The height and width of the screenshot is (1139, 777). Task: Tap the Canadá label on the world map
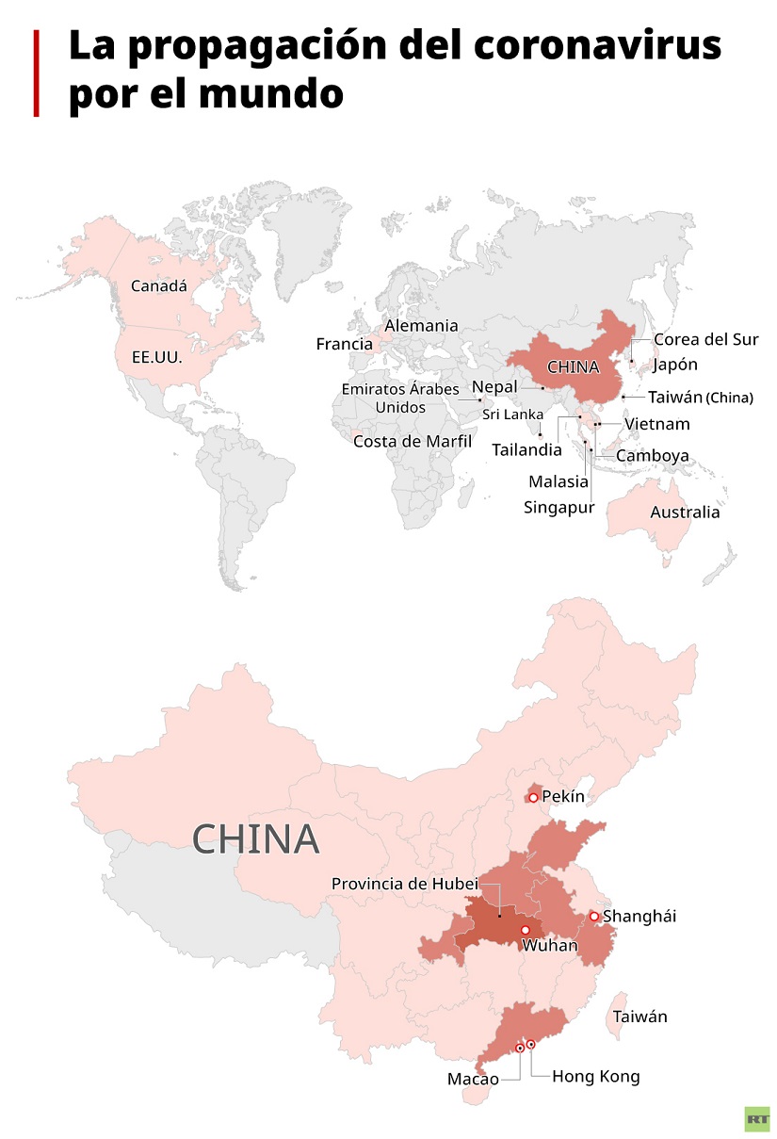coord(158,285)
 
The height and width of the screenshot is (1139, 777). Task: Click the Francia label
coord(344,344)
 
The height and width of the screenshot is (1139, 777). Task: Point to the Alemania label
coord(421,326)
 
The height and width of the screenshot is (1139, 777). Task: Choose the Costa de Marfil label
coord(412,441)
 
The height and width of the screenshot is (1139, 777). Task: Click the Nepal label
coord(494,387)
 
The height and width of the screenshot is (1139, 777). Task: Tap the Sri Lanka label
coord(512,415)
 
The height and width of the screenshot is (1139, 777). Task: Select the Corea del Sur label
coord(705,339)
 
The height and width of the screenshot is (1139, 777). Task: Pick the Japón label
coord(675,365)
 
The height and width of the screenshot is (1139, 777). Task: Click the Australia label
coord(685,513)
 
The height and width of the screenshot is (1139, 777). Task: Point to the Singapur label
coord(559,508)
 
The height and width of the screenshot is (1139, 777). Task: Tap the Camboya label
coord(652,456)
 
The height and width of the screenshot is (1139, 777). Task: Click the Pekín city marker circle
coord(533,797)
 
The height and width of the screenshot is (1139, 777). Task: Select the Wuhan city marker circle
coord(526,930)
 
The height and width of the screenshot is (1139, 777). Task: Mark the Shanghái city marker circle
coord(594,916)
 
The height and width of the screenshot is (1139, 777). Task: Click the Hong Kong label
coord(595,1076)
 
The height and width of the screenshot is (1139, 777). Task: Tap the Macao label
coord(473,1079)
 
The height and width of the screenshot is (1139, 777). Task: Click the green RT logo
coord(756,1118)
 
